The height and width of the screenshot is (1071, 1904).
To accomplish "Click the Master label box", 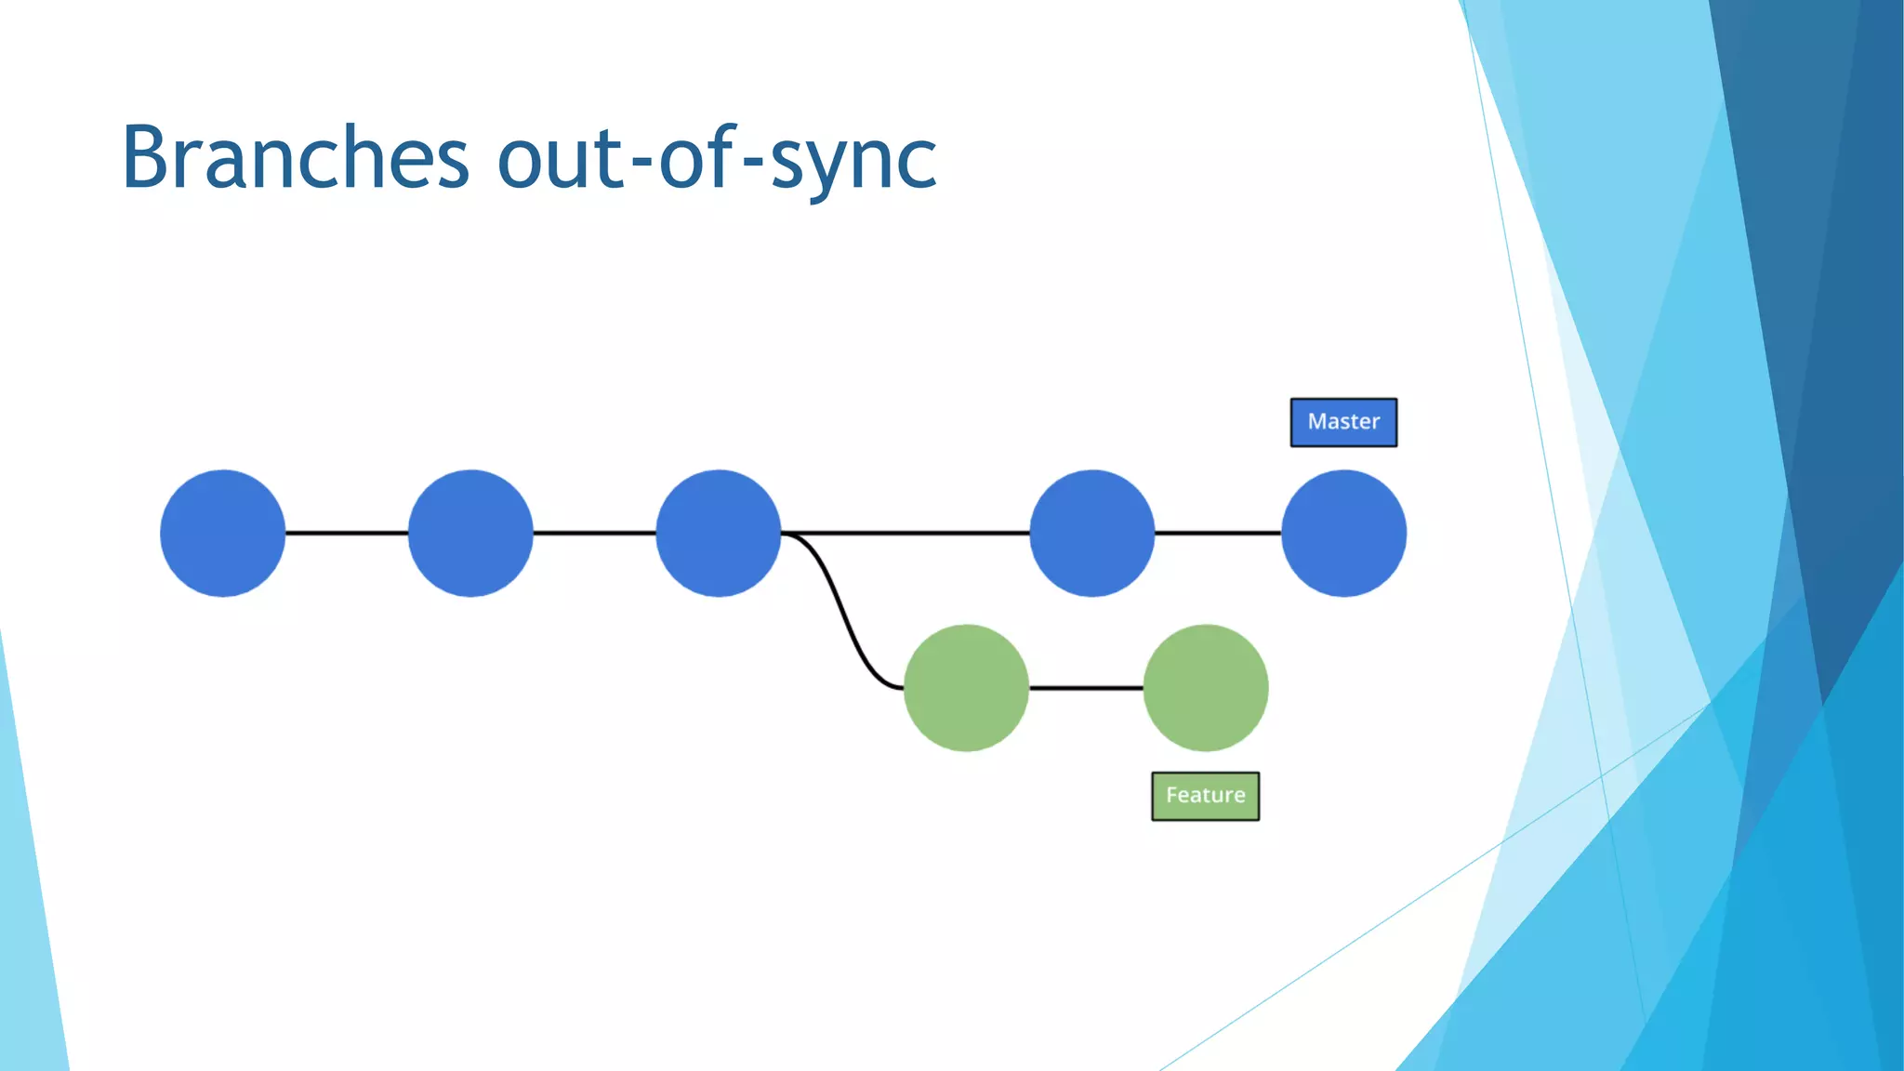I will [1343, 422].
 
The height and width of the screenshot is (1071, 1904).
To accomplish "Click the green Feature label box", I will [1205, 796].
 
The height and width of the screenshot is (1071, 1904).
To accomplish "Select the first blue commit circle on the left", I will [222, 533].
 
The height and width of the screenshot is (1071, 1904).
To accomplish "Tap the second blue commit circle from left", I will [470, 533].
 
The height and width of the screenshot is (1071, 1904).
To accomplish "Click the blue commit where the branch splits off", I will [718, 533].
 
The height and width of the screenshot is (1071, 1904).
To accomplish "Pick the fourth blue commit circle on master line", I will [1092, 533].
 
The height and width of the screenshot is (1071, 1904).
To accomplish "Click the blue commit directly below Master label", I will [1343, 533].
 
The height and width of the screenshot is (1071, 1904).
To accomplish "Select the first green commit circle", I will [966, 688].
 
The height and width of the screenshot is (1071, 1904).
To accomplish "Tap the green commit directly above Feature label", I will [1205, 688].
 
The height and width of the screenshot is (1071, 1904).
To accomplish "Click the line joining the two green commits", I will [1086, 688].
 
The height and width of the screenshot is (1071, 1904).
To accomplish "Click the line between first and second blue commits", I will [346, 533].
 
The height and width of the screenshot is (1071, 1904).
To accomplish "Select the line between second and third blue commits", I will [594, 533].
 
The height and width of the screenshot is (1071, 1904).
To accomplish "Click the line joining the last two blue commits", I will [1218, 533].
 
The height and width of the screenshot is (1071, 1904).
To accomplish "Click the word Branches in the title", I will [295, 158].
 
